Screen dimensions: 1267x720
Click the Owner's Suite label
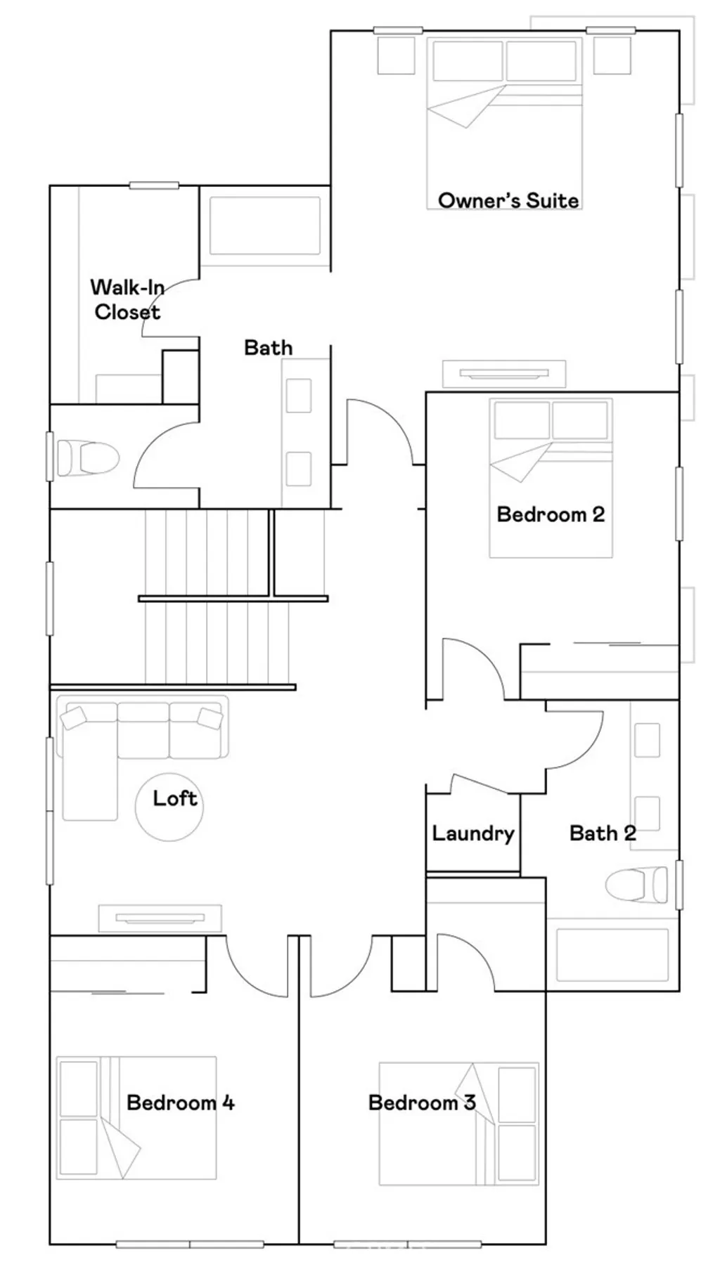[x=508, y=200]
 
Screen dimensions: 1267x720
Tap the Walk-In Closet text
[x=127, y=299]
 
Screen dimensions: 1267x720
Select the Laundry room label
[x=472, y=833]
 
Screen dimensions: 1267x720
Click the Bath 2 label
[x=603, y=833]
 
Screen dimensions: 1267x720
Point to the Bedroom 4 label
[x=181, y=1102]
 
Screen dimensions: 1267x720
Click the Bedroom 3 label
[x=422, y=1103]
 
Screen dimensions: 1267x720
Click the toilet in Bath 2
[x=636, y=885]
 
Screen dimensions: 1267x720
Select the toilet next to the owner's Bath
[x=87, y=457]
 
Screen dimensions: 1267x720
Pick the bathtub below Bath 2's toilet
[x=612, y=954]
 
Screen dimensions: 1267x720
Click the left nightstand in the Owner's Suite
[x=396, y=55]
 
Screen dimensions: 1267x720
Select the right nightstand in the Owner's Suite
[x=611, y=55]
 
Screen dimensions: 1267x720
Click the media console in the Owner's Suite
[x=503, y=373]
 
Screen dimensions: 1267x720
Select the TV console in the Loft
[x=160, y=917]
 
